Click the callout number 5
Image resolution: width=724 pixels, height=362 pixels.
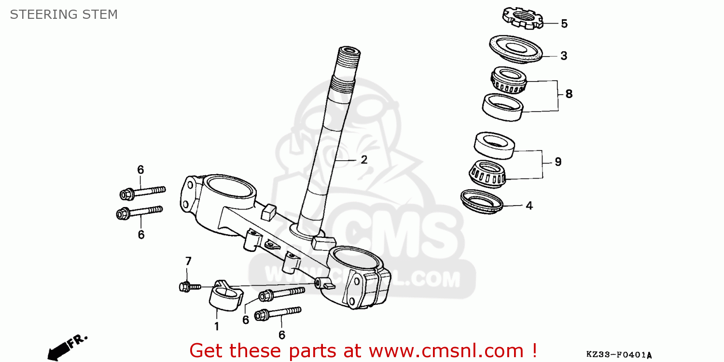tap(564, 24)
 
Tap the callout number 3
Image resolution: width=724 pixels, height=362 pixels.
tap(563, 56)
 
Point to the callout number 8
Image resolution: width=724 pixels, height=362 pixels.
tap(569, 94)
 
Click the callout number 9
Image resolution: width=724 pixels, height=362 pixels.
tap(557, 162)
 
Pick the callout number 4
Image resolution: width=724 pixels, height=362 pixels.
tap(529, 206)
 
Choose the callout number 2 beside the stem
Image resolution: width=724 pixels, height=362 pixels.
tap(363, 160)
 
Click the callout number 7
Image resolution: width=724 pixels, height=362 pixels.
tap(188, 261)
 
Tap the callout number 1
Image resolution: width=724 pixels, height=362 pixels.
tap(216, 327)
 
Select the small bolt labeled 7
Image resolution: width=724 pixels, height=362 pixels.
tap(189, 287)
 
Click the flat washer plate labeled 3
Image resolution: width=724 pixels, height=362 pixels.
tap(515, 48)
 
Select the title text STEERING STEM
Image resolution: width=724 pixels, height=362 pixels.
tap(64, 14)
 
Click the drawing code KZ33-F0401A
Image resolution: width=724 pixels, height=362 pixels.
tap(619, 355)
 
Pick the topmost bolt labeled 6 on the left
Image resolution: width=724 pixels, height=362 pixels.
tap(142, 192)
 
